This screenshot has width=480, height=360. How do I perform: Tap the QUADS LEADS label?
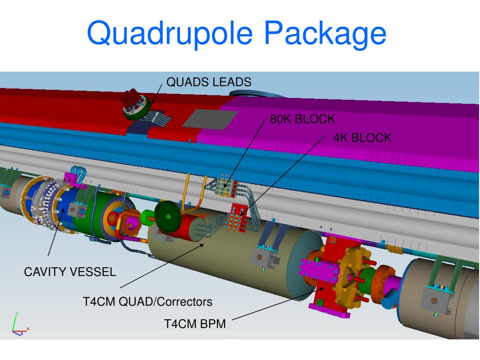pyautogui.click(x=209, y=82)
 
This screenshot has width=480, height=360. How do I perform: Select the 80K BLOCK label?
pyautogui.click(x=302, y=119)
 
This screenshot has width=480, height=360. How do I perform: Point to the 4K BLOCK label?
pyautogui.click(x=362, y=138)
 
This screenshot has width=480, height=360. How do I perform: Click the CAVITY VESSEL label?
pyautogui.click(x=70, y=272)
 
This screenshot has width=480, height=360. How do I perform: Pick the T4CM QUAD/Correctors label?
pyautogui.click(x=148, y=301)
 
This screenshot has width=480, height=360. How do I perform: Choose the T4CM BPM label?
pyautogui.click(x=195, y=324)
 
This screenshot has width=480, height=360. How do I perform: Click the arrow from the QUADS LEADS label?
pyautogui.click(x=157, y=95)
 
